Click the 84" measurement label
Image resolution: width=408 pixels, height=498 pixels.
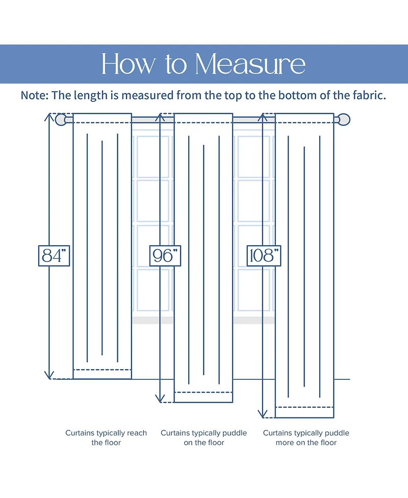click(x=54, y=255)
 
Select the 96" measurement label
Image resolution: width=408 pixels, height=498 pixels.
click(x=165, y=255)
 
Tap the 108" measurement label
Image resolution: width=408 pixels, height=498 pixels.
click(x=264, y=255)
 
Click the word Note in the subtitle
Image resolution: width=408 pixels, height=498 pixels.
click(x=35, y=95)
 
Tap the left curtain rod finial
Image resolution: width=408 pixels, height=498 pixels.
click(x=61, y=120)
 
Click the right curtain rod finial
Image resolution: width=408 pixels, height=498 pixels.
click(x=345, y=120)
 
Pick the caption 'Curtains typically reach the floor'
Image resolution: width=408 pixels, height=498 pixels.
click(x=106, y=437)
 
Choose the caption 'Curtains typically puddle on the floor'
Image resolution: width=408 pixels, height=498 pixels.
click(x=203, y=437)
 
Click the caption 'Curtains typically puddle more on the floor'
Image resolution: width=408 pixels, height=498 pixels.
click(x=306, y=437)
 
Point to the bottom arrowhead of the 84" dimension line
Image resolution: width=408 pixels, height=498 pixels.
click(x=49, y=376)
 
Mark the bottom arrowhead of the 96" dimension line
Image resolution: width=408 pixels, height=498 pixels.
click(x=161, y=400)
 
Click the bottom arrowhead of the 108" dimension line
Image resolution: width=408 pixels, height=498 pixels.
click(x=262, y=415)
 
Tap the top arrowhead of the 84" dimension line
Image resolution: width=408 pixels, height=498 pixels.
click(x=49, y=116)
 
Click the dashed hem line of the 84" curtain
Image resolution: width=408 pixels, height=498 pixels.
click(x=103, y=369)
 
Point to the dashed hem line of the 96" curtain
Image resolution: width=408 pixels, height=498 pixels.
click(x=203, y=392)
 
